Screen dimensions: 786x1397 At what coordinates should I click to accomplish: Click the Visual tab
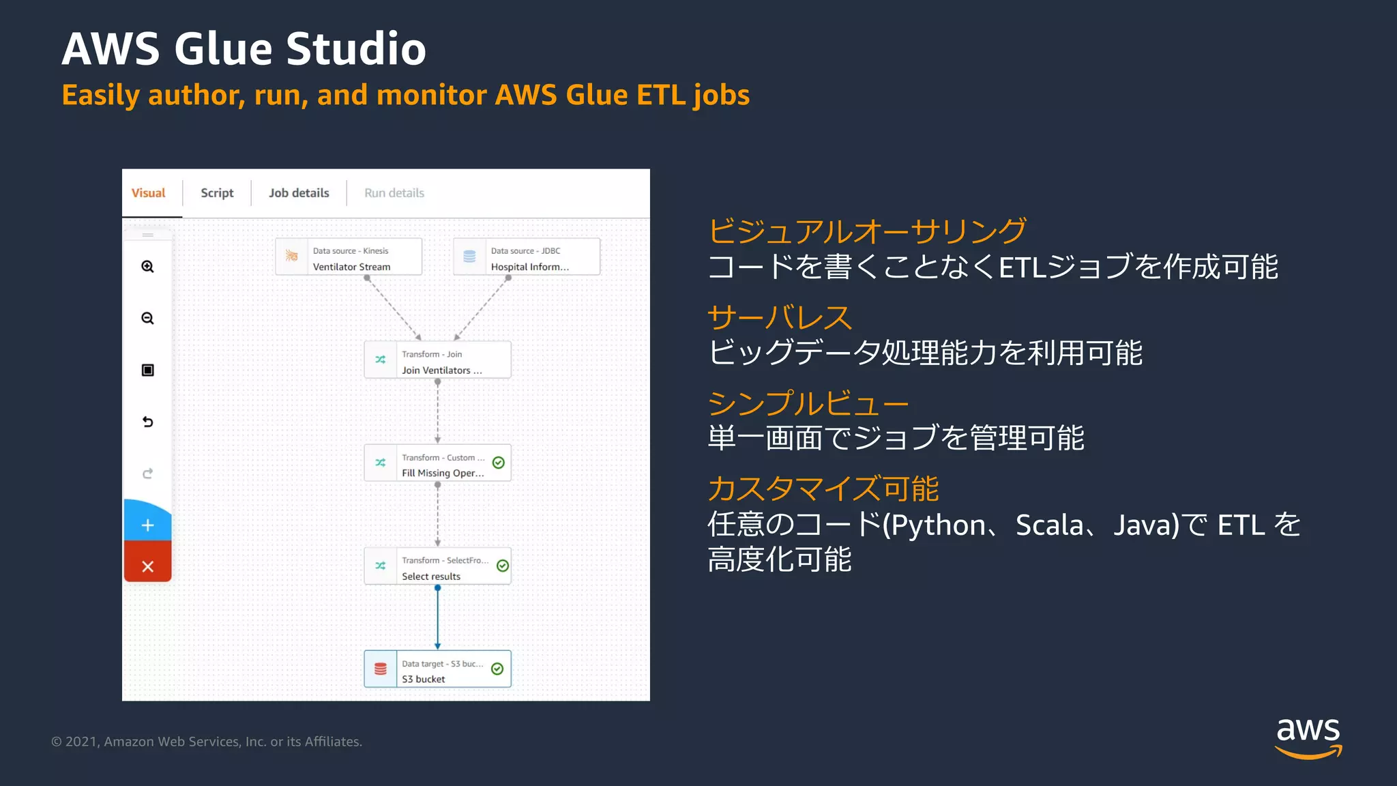coord(149,193)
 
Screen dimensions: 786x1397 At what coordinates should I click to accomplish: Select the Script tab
coord(217,193)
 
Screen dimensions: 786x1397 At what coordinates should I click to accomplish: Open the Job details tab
coord(299,193)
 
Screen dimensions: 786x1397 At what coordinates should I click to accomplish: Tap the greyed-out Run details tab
coord(394,193)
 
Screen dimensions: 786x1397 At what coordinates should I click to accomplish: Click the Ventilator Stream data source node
coord(349,257)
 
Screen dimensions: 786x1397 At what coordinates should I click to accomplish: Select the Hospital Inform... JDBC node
coord(527,257)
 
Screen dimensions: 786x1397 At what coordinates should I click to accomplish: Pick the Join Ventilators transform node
coord(437,360)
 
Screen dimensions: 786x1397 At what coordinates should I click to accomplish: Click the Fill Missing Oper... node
coord(437,463)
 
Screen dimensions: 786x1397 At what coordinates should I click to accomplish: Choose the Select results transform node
coord(437,566)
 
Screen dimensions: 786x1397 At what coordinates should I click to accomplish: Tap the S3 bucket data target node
coord(437,669)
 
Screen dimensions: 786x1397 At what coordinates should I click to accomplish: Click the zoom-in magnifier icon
coord(147,267)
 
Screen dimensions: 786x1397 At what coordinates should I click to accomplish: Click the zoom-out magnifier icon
coord(147,319)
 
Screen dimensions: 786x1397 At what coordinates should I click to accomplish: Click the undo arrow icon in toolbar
coord(147,422)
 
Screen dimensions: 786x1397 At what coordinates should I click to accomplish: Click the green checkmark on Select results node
coord(503,566)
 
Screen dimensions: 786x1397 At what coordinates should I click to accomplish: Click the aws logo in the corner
coord(1308,738)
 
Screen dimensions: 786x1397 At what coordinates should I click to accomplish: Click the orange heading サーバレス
coord(779,317)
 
